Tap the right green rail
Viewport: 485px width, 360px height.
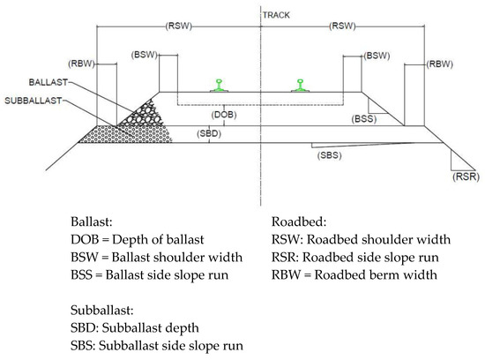302,85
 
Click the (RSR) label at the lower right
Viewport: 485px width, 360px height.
464,177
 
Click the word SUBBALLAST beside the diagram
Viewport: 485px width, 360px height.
33,98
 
